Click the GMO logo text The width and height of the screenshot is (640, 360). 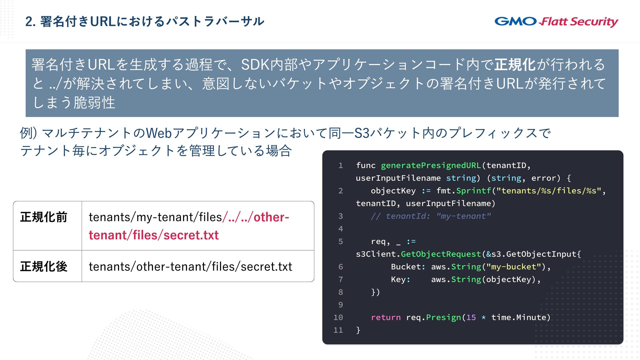[x=515, y=21]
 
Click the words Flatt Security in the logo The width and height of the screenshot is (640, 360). [x=579, y=22]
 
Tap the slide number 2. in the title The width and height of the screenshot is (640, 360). [x=30, y=22]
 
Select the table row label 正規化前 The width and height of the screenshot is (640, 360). [x=44, y=217]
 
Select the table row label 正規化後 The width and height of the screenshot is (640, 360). [x=44, y=267]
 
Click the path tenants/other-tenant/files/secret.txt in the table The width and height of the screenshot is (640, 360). [x=190, y=267]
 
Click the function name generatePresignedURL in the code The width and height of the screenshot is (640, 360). [x=431, y=165]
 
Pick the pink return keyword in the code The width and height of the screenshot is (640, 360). [x=386, y=317]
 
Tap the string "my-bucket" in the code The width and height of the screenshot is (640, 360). [x=513, y=267]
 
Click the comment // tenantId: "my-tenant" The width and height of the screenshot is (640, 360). [x=431, y=216]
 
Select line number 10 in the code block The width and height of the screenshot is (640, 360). [x=338, y=317]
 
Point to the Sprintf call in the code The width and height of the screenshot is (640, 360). [x=474, y=191]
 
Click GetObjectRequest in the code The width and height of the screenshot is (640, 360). [x=441, y=254]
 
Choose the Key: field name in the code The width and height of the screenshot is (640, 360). [x=400, y=279]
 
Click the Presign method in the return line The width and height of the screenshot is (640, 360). [x=443, y=317]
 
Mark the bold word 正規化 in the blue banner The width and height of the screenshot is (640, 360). [x=515, y=65]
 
